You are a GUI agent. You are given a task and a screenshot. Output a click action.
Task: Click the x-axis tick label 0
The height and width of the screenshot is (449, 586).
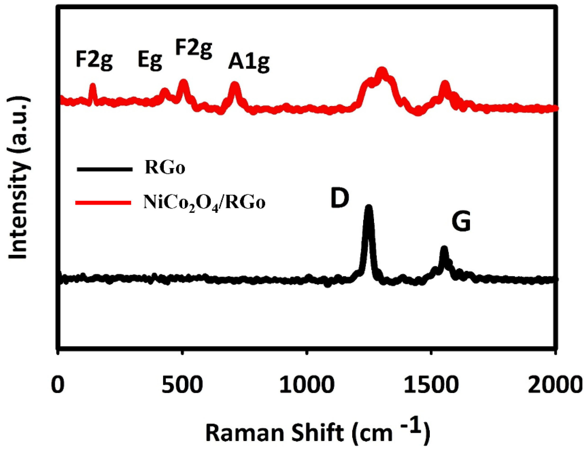58,385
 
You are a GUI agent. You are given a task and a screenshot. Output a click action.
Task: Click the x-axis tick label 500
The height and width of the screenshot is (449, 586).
182,385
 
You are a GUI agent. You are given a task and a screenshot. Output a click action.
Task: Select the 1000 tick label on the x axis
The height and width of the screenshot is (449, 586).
307,385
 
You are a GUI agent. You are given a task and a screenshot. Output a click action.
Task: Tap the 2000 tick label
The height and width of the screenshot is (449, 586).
555,385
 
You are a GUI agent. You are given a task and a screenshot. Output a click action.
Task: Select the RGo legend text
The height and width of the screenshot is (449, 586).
165,168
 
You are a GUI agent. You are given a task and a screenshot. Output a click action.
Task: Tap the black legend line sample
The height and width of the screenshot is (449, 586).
104,169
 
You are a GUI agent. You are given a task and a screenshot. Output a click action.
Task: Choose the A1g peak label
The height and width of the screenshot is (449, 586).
249,63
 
